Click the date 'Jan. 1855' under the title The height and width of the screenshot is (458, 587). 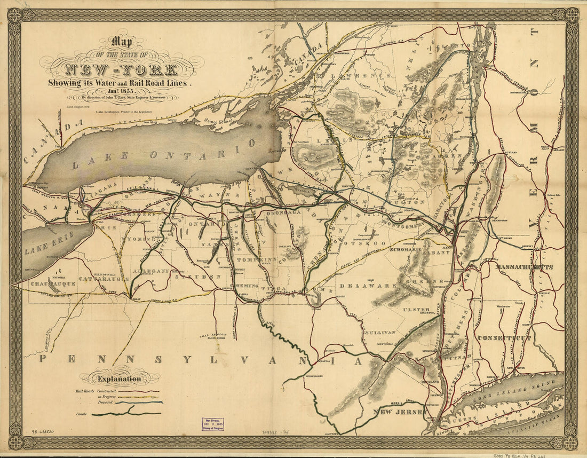(x=122, y=91)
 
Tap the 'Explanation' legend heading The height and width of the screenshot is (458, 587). (x=118, y=379)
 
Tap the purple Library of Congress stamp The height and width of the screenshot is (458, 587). (x=212, y=424)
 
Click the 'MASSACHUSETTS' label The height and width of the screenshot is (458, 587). (x=523, y=266)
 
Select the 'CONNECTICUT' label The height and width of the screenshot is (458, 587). (x=504, y=338)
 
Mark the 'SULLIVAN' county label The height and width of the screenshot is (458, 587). (x=379, y=332)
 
